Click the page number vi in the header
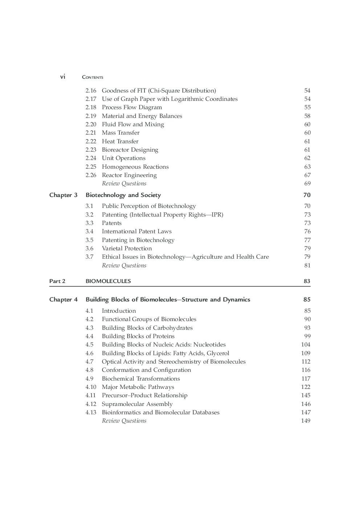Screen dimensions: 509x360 click(x=63, y=77)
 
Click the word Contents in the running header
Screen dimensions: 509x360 click(x=93, y=77)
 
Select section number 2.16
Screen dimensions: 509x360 click(x=91, y=91)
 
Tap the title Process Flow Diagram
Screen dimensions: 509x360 click(x=132, y=107)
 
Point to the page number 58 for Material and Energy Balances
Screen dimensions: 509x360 click(x=307, y=116)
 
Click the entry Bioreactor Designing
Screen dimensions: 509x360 click(x=130, y=150)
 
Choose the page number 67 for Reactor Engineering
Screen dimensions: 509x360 click(x=307, y=175)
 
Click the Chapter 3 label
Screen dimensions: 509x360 click(x=63, y=195)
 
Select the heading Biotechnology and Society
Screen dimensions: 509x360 click(x=123, y=195)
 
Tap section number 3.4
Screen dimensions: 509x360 click(x=89, y=231)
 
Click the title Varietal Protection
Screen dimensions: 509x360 click(x=127, y=249)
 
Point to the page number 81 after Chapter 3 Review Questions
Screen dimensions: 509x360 click(x=307, y=266)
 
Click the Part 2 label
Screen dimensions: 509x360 click(x=57, y=281)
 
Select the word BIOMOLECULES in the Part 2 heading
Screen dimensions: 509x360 click(x=108, y=281)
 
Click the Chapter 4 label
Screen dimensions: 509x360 click(x=63, y=300)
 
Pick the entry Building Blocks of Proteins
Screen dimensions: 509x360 click(x=138, y=336)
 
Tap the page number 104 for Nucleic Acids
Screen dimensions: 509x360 click(x=306, y=345)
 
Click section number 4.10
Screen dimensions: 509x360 click(x=91, y=387)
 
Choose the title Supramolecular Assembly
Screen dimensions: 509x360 click(x=137, y=404)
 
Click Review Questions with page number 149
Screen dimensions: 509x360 click(x=124, y=421)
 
